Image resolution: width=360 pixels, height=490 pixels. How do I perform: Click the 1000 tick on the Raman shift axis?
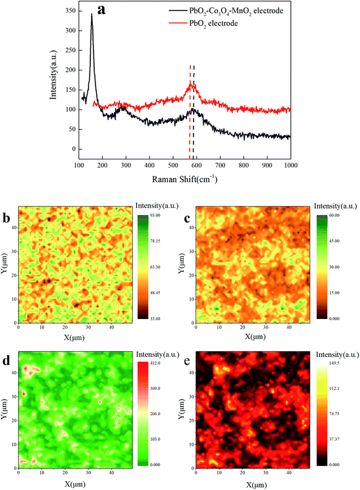click(x=290, y=165)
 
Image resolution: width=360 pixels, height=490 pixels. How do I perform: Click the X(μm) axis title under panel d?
click(x=74, y=483)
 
